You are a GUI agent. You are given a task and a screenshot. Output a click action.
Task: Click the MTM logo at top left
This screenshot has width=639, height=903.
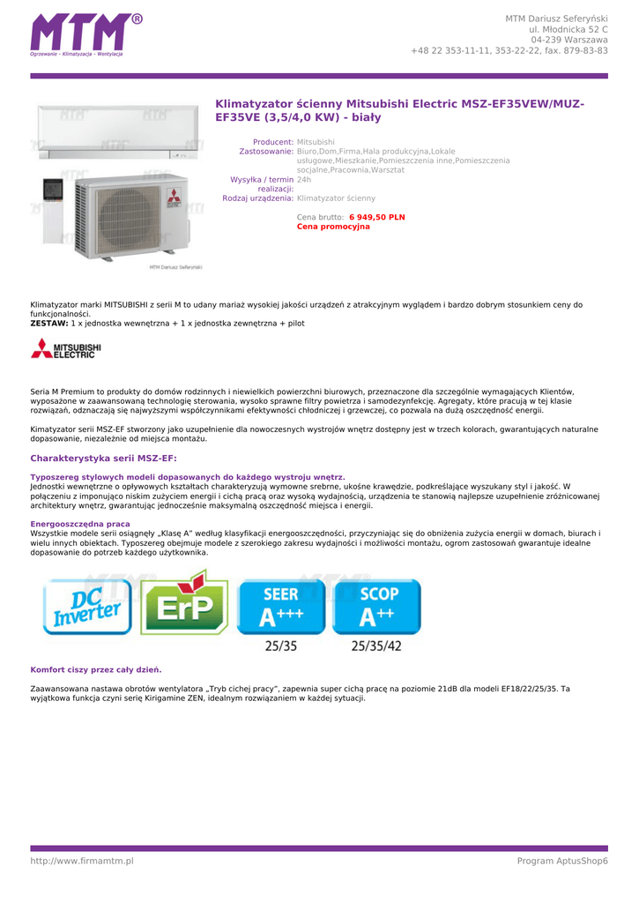pos(85,35)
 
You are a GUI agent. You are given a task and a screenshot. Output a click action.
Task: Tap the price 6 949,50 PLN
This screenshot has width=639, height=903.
pos(376,217)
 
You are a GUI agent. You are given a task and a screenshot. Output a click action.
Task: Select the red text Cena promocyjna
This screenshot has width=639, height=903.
pos(333,227)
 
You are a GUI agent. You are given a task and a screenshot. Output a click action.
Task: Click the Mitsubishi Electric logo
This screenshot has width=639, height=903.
pos(66,350)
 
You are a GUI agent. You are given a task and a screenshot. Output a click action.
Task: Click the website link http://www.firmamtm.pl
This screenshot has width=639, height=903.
pos(82,861)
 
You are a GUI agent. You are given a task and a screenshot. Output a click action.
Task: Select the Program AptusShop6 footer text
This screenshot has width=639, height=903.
pos(562,861)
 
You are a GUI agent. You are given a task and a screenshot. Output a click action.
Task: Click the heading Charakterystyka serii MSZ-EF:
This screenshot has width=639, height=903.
pos(103,459)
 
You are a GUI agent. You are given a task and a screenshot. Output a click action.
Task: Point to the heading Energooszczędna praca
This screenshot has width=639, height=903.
pos(80,524)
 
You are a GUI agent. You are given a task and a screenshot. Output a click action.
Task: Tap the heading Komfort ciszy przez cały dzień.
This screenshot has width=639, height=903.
pos(96,669)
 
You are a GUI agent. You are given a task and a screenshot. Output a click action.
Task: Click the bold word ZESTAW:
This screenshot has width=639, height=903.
pos(49,324)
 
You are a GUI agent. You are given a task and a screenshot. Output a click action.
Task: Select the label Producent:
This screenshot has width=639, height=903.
pos(272,142)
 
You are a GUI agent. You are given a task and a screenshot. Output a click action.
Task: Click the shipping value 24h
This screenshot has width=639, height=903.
pos(304,179)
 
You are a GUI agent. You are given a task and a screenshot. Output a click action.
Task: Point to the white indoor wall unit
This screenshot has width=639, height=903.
pos(116,131)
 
